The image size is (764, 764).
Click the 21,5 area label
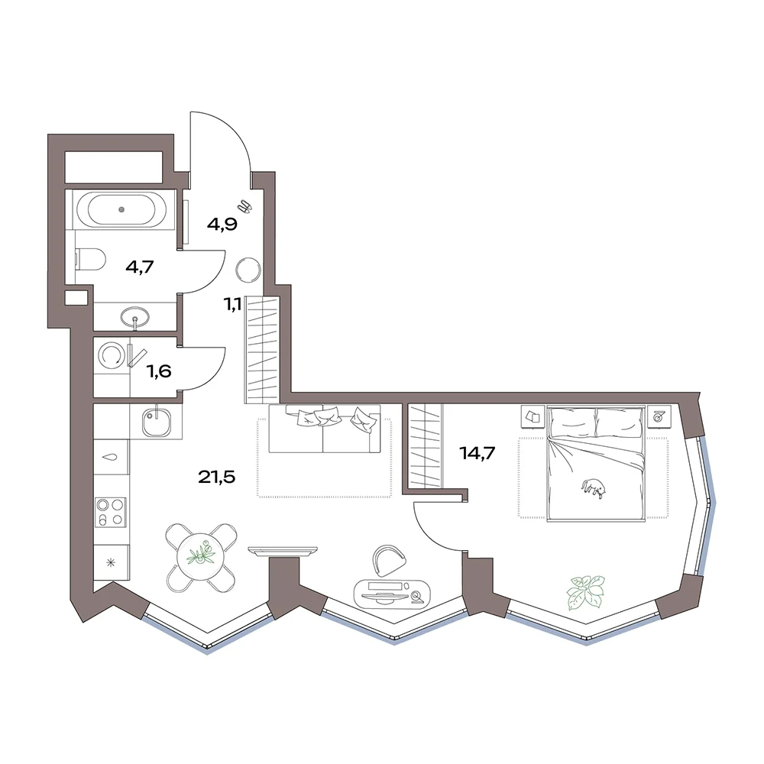click(x=216, y=477)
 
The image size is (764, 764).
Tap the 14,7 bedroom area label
click(x=477, y=453)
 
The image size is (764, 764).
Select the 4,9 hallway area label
click(x=222, y=225)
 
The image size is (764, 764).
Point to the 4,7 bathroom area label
click(x=140, y=267)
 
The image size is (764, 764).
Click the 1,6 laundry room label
click(x=160, y=372)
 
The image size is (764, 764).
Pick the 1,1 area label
click(x=232, y=305)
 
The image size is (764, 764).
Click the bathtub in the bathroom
click(x=121, y=209)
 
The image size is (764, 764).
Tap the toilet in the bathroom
click(x=91, y=259)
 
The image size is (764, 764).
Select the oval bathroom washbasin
click(x=135, y=316)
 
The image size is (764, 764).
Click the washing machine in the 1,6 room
click(x=112, y=355)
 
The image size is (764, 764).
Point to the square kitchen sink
click(x=157, y=422)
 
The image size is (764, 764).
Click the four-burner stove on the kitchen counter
click(x=111, y=512)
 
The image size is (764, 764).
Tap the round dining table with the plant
click(x=200, y=558)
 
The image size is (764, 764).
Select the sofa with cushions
click(x=325, y=429)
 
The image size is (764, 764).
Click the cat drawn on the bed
click(x=594, y=489)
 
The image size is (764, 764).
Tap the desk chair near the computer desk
click(x=389, y=559)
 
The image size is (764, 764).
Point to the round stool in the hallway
click(x=248, y=270)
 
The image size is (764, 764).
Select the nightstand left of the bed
click(x=533, y=416)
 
